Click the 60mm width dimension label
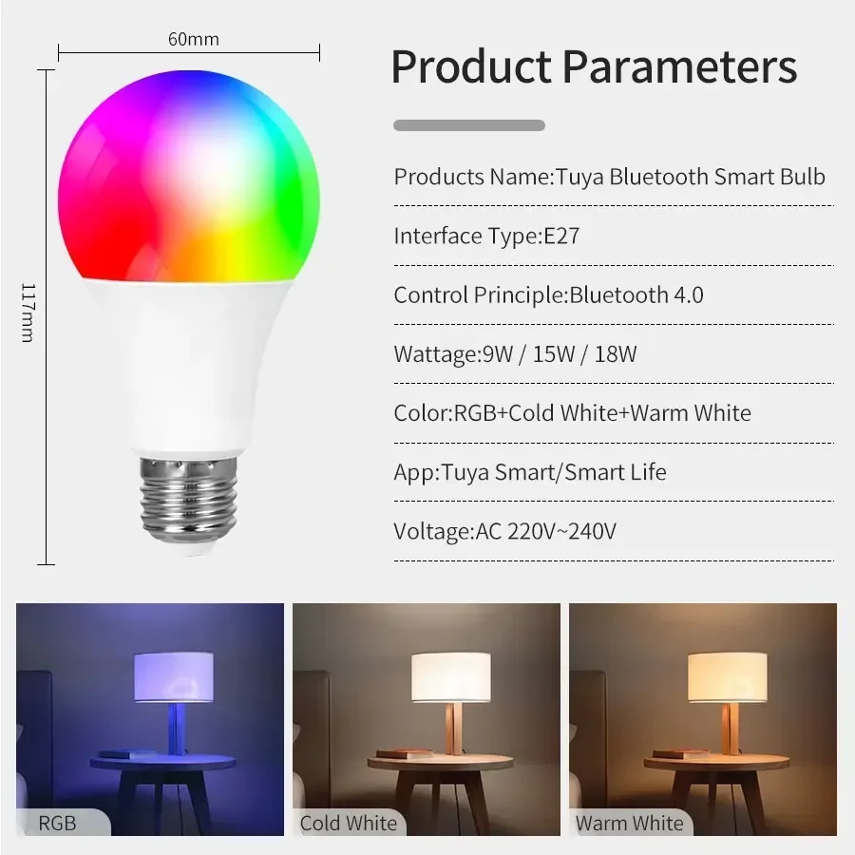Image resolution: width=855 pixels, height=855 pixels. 193,39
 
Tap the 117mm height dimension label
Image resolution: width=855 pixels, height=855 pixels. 28,313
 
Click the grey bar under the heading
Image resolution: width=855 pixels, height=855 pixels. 469,125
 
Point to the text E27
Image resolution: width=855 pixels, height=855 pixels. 561,236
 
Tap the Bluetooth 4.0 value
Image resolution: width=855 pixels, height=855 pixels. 636,294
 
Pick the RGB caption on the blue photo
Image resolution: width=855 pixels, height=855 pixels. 57,822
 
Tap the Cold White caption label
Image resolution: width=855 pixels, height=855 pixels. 348,822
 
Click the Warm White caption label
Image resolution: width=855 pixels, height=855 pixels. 629,822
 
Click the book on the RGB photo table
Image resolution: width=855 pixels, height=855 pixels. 118,753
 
